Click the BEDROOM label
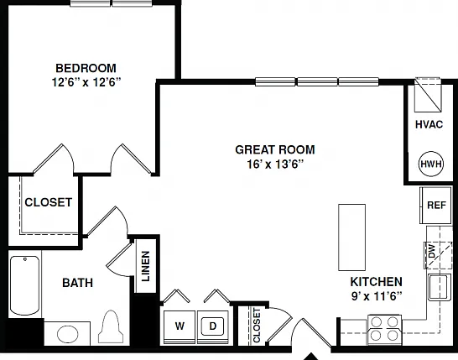tap(86, 68)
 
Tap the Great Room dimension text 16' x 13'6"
tap(275, 164)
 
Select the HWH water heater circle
tap(431, 164)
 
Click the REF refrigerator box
tap(436, 205)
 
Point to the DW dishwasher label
tap(432, 251)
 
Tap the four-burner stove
tap(384, 329)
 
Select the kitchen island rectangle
tap(351, 237)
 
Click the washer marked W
tap(180, 327)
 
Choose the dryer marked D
tap(213, 327)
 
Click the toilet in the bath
tap(111, 327)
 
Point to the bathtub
tap(25, 285)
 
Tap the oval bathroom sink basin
tap(67, 334)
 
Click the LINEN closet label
tap(145, 266)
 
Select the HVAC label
tap(429, 124)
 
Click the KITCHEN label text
tap(376, 282)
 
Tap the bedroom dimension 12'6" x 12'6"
tap(86, 82)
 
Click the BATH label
tap(78, 283)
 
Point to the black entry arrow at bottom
tap(311, 357)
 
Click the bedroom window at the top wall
tap(112, 3)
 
